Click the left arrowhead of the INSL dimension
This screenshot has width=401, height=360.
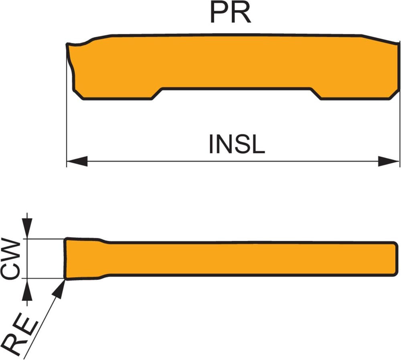click(77, 162)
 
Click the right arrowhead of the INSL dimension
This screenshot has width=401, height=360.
click(389, 162)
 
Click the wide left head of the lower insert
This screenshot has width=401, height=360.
click(82, 259)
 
